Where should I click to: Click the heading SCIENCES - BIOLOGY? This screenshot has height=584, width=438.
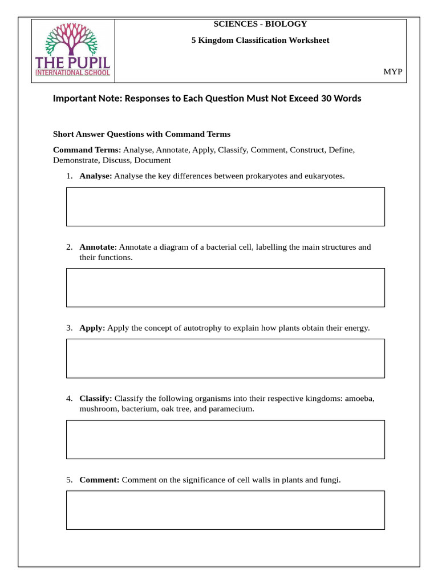(x=260, y=24)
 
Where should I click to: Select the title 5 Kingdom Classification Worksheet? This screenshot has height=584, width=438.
(x=260, y=40)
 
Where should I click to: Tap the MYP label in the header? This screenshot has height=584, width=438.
(x=392, y=71)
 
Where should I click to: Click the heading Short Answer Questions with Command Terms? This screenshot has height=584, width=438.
(x=141, y=134)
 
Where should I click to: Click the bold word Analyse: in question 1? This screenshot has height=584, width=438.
(x=95, y=176)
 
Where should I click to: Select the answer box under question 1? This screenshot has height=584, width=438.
(x=225, y=206)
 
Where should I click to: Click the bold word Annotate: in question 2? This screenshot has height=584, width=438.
(x=98, y=247)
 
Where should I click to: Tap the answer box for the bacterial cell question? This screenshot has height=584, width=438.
(x=225, y=287)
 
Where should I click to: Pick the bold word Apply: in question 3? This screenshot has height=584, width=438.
(x=92, y=328)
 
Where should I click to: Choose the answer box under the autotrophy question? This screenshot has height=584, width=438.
(x=225, y=358)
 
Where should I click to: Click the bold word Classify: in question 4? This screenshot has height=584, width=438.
(x=96, y=399)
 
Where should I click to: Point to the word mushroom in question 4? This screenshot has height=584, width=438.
(x=98, y=409)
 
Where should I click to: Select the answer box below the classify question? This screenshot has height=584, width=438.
(x=225, y=439)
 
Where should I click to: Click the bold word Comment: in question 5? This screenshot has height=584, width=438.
(x=99, y=480)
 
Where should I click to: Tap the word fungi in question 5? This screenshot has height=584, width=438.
(x=329, y=480)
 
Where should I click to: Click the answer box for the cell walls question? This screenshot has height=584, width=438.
(x=225, y=510)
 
